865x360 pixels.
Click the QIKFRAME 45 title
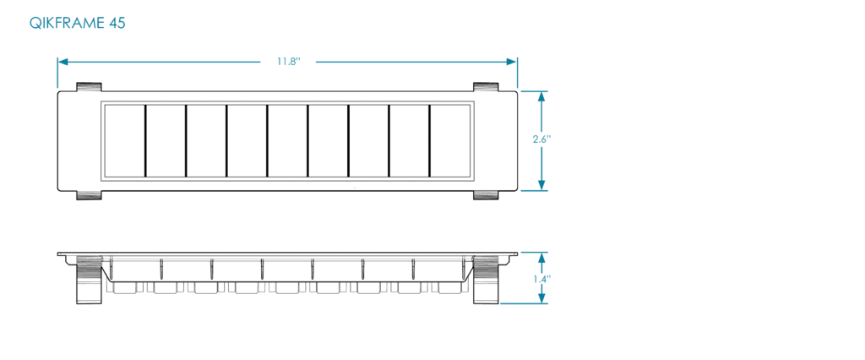point(77,23)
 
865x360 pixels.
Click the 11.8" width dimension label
point(288,62)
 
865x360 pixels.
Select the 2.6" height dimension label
point(541,139)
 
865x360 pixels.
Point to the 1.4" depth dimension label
point(542,279)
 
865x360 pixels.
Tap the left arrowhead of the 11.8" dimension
point(63,62)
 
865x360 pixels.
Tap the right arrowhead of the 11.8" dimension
point(511,62)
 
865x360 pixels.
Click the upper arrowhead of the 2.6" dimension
point(541,96)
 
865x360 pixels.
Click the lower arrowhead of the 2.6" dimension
point(541,185)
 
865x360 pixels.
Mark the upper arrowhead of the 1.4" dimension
point(541,259)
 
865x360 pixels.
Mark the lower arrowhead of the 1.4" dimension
point(541,297)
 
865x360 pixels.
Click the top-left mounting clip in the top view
point(89,87)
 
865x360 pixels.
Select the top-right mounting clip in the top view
point(486,87)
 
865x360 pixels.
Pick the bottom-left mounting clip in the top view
point(89,195)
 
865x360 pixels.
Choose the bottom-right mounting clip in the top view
point(486,195)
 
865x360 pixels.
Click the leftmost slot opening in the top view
point(125,141)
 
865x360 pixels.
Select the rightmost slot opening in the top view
point(450,141)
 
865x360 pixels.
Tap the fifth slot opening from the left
point(287,141)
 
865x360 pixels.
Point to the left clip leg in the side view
point(89,280)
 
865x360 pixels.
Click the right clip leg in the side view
point(486,280)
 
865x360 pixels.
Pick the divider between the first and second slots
point(145,141)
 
